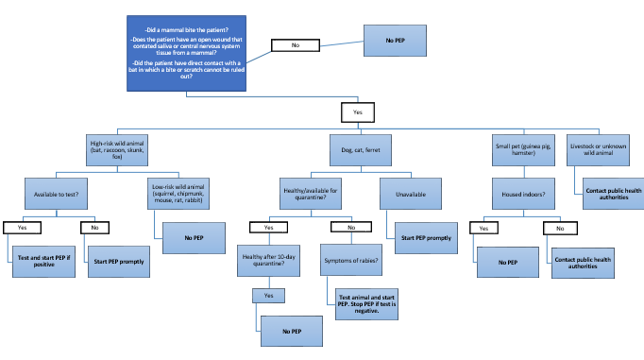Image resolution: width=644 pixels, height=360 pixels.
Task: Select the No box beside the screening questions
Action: (295, 44)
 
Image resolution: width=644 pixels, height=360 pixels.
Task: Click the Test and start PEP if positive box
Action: (44, 261)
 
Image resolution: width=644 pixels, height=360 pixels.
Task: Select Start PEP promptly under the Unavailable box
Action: (426, 238)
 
